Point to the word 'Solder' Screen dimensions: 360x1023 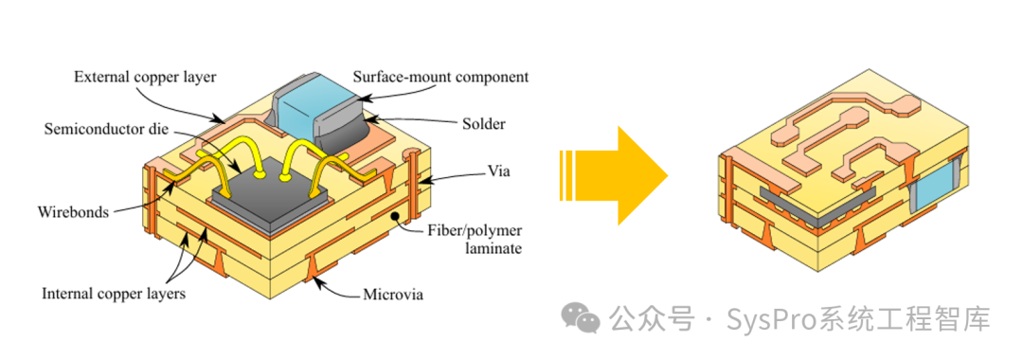[x=482, y=124]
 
